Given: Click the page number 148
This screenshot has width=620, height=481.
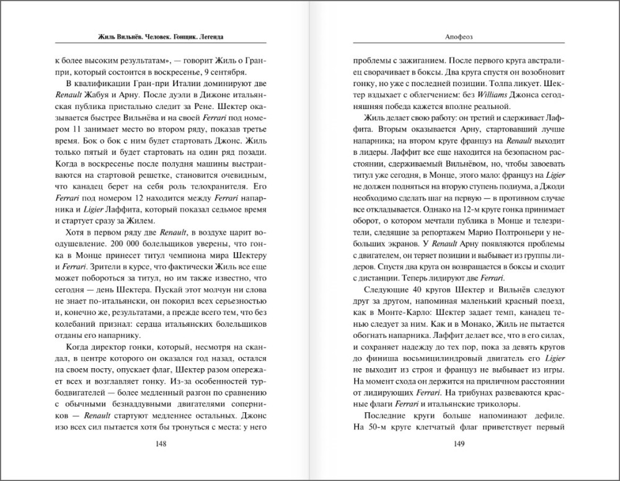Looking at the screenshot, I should [x=161, y=443].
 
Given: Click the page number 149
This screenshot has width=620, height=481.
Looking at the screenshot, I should [x=459, y=443].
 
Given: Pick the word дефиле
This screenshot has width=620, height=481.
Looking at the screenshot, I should [x=546, y=413].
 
